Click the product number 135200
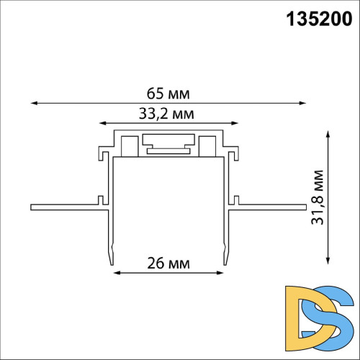[x=317, y=20]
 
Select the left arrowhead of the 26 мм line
[x=115, y=273]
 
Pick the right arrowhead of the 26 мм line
[x=221, y=273]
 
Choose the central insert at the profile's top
[x=168, y=145]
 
